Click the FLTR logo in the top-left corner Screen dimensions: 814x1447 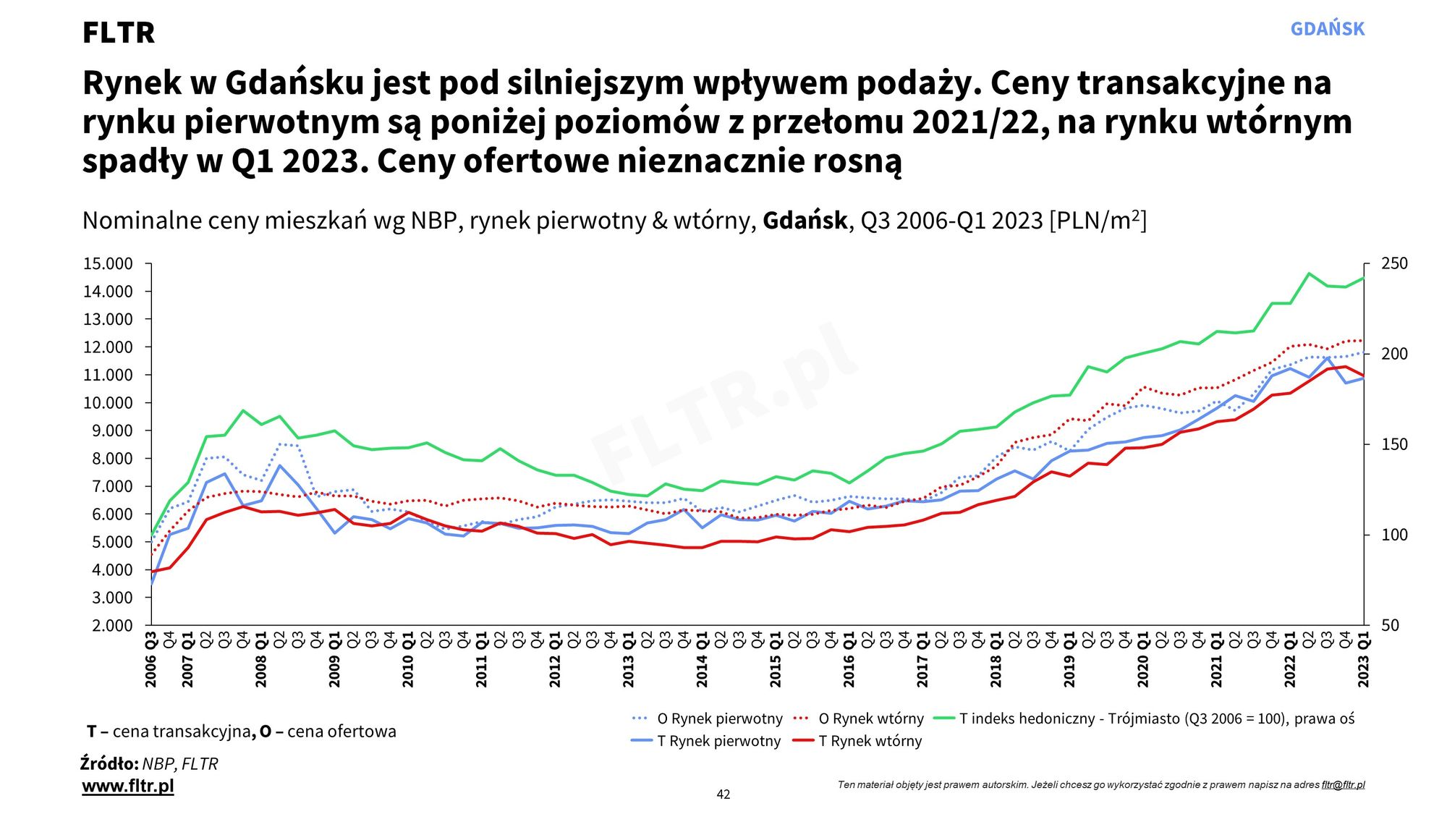pos(119,33)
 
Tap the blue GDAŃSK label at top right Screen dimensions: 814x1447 pos(1327,29)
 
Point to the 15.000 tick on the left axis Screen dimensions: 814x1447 pos(108,264)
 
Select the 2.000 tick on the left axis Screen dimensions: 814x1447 pos(112,625)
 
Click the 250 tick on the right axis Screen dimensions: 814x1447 pos(1394,264)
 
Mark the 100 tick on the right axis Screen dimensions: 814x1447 pos(1394,535)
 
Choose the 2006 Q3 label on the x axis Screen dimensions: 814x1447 pos(151,660)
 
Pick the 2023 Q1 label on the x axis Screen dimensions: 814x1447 pos(1364,660)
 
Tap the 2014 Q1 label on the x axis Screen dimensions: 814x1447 pos(702,660)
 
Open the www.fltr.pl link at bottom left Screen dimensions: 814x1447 pos(128,786)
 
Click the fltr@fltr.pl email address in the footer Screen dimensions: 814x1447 pos(1343,784)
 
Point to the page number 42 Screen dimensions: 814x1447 pos(723,794)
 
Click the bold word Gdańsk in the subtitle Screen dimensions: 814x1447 pos(805,220)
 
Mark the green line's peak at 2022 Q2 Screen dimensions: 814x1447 pos(1309,274)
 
